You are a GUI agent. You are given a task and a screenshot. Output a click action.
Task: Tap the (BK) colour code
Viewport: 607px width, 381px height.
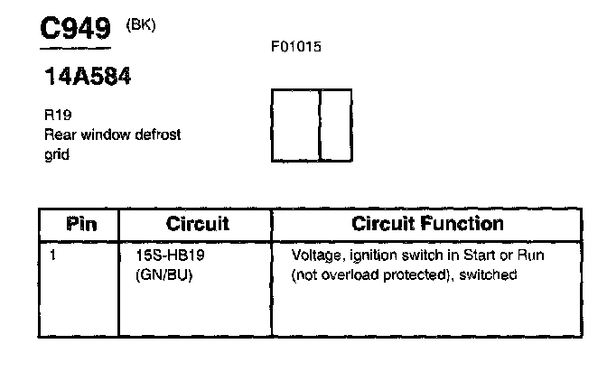(x=142, y=24)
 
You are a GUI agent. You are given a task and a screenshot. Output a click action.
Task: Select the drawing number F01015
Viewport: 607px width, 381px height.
(x=295, y=47)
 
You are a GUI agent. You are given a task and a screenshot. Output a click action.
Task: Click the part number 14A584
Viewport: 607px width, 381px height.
(x=88, y=77)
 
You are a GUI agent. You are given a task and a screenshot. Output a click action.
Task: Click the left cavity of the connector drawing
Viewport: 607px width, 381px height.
(x=296, y=125)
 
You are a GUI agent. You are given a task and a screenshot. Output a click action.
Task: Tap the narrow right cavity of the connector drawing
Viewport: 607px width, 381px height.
(x=336, y=125)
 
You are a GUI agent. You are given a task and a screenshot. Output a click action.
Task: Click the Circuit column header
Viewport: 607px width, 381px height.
(x=198, y=223)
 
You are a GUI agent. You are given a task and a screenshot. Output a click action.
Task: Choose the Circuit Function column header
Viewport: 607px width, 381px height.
(x=427, y=223)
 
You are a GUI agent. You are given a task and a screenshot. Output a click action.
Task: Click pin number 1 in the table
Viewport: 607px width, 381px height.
(x=53, y=256)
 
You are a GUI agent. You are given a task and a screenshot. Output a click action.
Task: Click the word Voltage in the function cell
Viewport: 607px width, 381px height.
(x=314, y=256)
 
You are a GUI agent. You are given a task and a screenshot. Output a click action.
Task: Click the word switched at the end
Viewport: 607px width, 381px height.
(x=490, y=274)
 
